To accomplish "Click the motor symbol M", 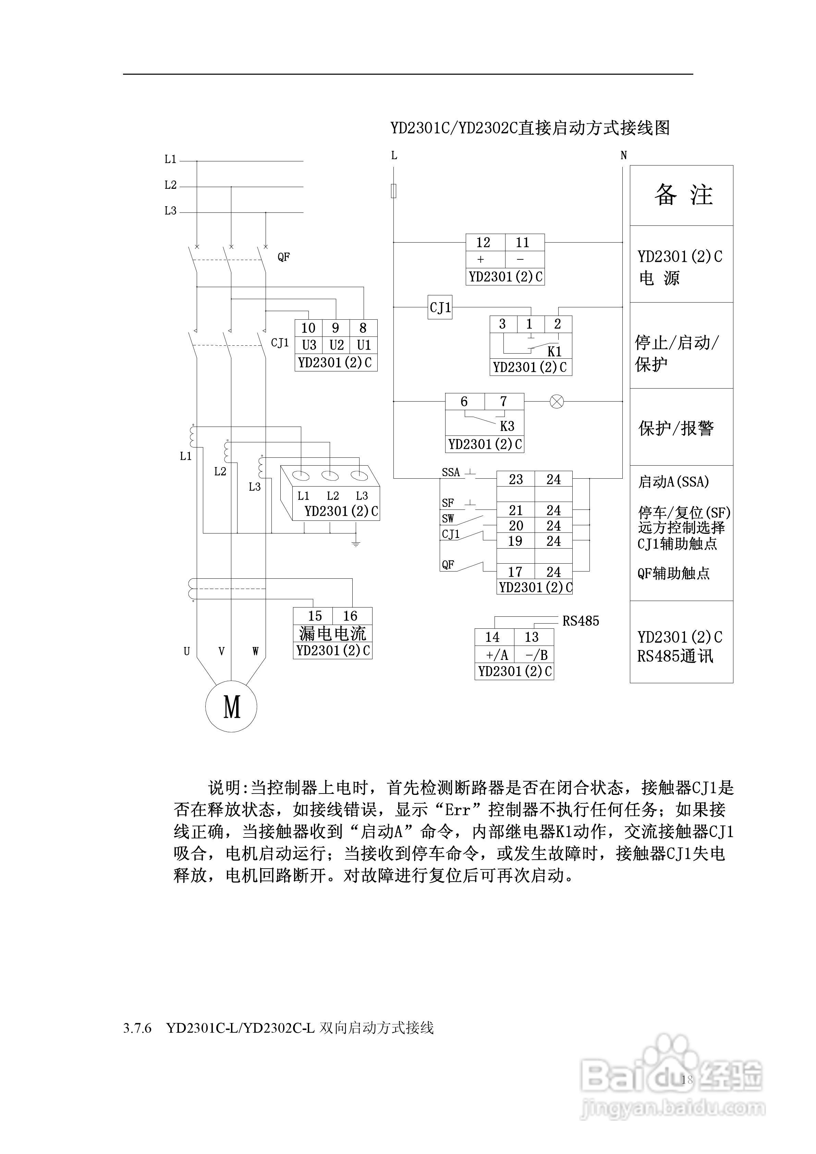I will [x=231, y=706].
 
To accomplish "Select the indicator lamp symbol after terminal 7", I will [x=557, y=402].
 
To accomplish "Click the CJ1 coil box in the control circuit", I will [x=440, y=307].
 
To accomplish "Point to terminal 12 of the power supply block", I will [x=484, y=243].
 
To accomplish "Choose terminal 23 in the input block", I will [x=516, y=479].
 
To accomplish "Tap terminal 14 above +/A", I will [x=493, y=637].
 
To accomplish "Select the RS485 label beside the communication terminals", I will [x=581, y=621].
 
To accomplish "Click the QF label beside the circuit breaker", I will [x=283, y=257].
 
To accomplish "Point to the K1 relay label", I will [x=554, y=351].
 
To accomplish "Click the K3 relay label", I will [x=507, y=426].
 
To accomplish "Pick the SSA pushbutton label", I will [x=451, y=472].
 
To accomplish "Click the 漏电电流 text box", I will [x=332, y=633].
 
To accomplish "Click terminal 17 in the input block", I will [x=516, y=572].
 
